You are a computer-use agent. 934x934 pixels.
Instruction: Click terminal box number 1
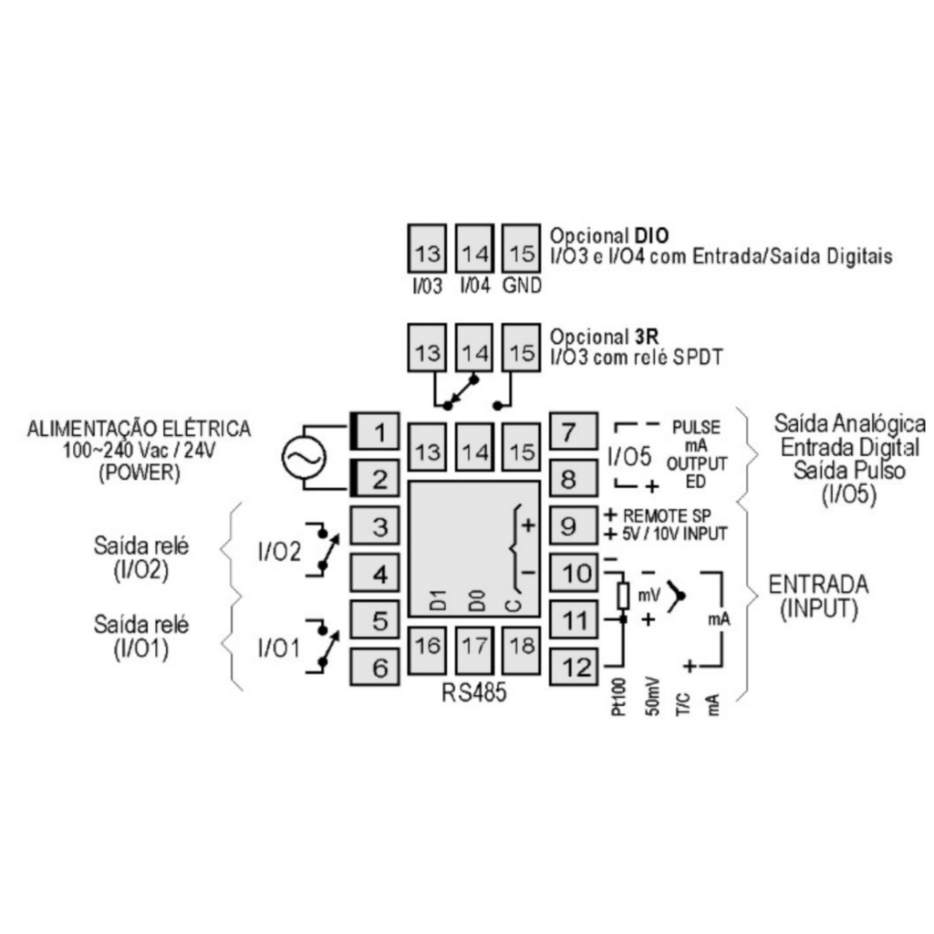[x=375, y=431]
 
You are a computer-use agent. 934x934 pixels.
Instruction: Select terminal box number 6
[x=375, y=667]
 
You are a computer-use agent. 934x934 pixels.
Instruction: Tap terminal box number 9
[x=573, y=525]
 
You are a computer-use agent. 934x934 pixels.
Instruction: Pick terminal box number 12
[x=573, y=667]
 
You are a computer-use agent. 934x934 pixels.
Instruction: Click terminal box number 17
[x=474, y=649]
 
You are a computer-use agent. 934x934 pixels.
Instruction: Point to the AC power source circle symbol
[x=304, y=458]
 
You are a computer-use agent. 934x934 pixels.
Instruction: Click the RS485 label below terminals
[x=474, y=692]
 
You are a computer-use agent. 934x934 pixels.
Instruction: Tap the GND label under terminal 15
[x=522, y=285]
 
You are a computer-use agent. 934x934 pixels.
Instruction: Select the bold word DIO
[x=651, y=235]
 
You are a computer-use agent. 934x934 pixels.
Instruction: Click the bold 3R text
[x=647, y=337]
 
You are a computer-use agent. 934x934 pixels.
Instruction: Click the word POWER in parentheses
[x=139, y=472]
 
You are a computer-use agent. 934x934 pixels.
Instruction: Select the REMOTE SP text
[x=667, y=515]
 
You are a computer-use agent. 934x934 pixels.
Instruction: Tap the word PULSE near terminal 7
[x=696, y=427]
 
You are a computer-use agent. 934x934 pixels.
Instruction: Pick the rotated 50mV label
[x=652, y=696]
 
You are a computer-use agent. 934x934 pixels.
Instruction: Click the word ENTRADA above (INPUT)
[x=818, y=585]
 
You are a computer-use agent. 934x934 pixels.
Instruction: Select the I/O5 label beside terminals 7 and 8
[x=629, y=457]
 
